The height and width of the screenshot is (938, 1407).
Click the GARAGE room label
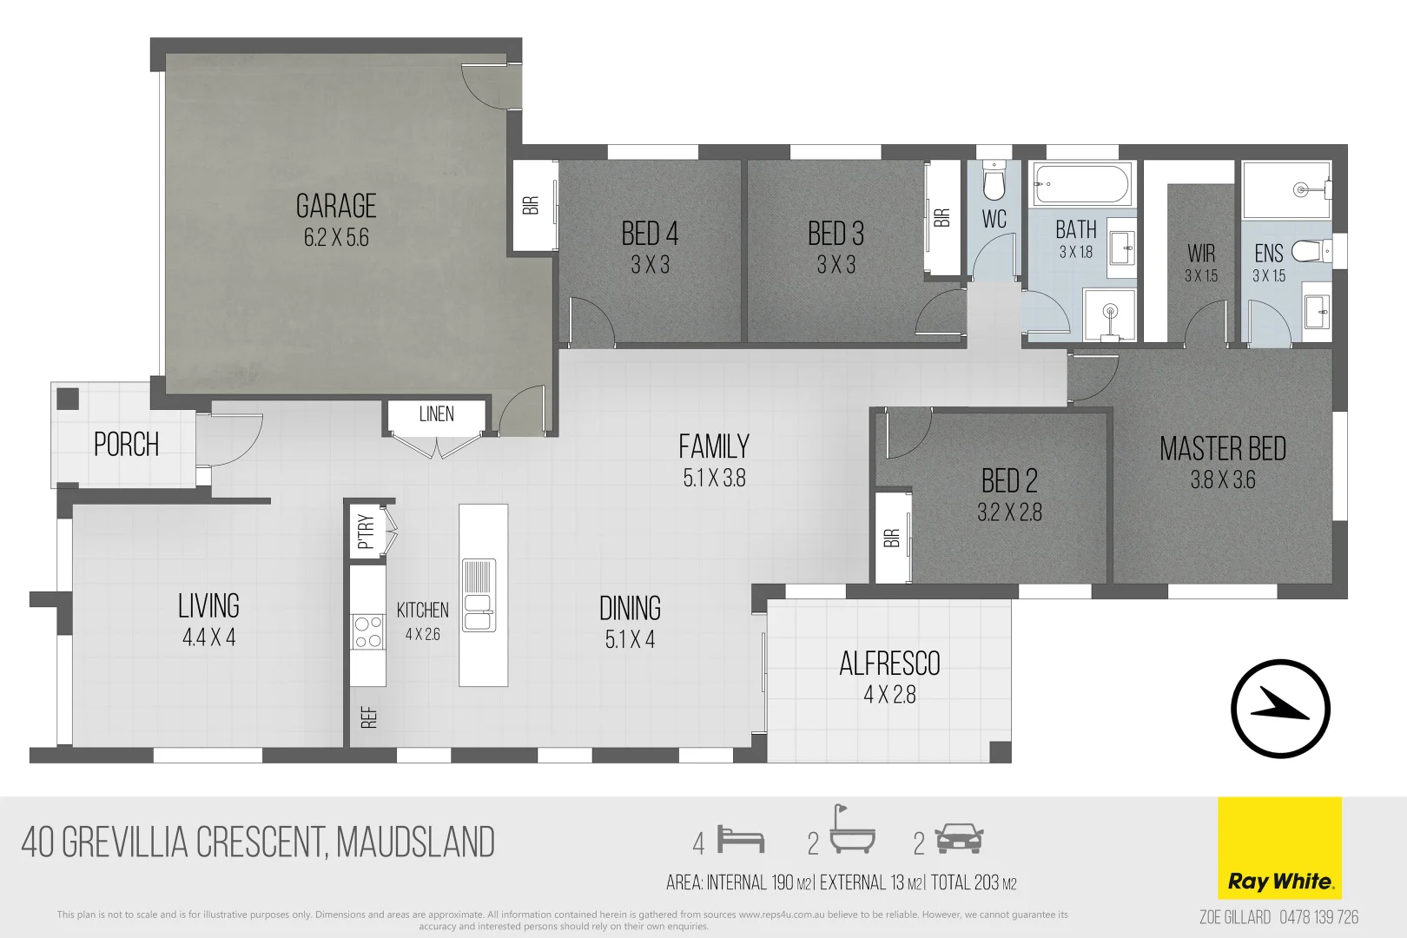pyautogui.click(x=336, y=207)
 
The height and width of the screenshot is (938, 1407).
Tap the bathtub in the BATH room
pyautogui.click(x=1081, y=184)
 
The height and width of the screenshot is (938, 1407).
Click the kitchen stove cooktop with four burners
pyautogui.click(x=367, y=631)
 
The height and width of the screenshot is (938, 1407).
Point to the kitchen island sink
pyautogui.click(x=478, y=595)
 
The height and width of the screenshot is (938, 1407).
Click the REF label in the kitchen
pyautogui.click(x=369, y=717)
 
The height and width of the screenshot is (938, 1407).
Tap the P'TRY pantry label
pyautogui.click(x=366, y=532)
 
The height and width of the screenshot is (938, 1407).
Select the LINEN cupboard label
pyautogui.click(x=436, y=414)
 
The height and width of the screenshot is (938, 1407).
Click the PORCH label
pyautogui.click(x=127, y=445)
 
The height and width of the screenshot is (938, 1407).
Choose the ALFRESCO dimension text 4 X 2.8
pyautogui.click(x=889, y=695)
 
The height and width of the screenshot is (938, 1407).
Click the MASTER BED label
pyautogui.click(x=1222, y=449)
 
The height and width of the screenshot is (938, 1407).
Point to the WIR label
pyautogui.click(x=1201, y=254)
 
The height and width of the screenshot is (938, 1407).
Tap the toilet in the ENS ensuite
pyautogui.click(x=1308, y=252)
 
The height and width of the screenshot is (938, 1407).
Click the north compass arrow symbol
pyautogui.click(x=1280, y=708)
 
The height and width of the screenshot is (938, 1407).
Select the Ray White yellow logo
pyautogui.click(x=1279, y=848)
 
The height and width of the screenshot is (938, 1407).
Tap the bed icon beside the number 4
pyautogui.click(x=741, y=841)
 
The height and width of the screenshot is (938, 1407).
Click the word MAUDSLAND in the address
pyautogui.click(x=415, y=842)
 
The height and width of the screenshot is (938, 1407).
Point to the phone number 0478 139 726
pyautogui.click(x=1318, y=917)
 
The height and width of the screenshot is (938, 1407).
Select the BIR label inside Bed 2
pyautogui.click(x=892, y=538)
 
